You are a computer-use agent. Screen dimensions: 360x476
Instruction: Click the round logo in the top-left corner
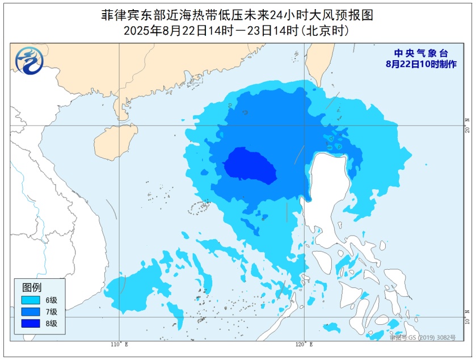coord(29,61)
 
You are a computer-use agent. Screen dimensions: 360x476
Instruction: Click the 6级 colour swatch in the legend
coord(31,299)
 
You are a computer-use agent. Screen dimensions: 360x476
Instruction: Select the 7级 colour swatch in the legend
coord(31,311)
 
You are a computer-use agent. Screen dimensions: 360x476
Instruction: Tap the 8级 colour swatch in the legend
coord(31,323)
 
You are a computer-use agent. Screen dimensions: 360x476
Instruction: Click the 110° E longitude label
coord(119,345)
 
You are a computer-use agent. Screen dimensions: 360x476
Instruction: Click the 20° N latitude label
coord(467,125)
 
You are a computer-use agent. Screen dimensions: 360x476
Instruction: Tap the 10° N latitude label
coord(467,317)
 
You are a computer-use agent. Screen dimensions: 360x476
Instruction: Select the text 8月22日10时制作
coord(420,64)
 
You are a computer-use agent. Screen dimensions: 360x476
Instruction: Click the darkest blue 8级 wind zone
coord(250,166)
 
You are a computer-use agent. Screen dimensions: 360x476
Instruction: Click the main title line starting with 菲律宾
coord(237,15)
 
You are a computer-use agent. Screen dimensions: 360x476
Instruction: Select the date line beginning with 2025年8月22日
coord(237,31)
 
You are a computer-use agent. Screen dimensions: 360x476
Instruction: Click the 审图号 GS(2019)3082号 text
coord(423,337)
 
